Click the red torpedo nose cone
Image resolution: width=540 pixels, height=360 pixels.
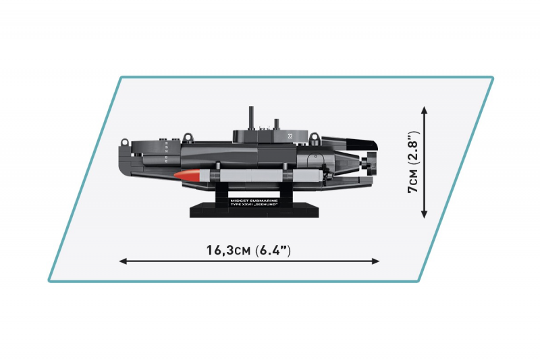[x=187, y=175]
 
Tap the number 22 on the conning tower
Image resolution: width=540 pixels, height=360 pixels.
[x=290, y=136]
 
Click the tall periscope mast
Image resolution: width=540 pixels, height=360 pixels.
[x=251, y=118]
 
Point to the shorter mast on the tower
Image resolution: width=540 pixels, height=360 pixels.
[x=276, y=124]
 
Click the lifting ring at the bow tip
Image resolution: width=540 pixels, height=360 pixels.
[x=124, y=143]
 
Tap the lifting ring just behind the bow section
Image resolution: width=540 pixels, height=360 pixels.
[x=188, y=138]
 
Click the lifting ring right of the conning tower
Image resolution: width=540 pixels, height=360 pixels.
[x=314, y=138]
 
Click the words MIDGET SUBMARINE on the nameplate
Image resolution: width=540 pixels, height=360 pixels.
[x=254, y=201]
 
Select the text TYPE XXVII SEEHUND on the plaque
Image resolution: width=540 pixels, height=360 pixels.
[x=254, y=205]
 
